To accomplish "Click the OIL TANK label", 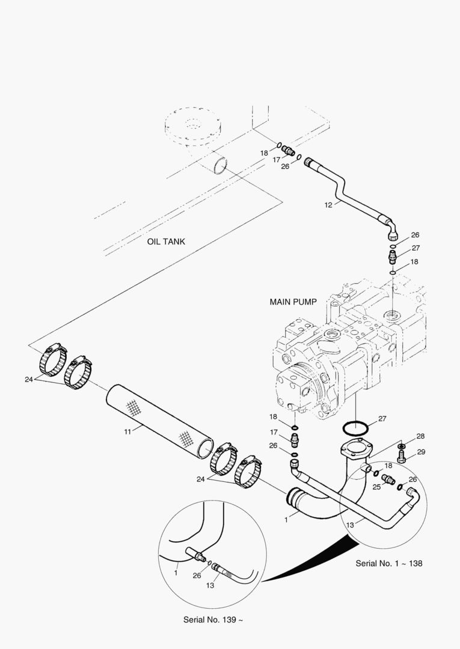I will (x=166, y=242).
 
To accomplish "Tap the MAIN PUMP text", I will (x=293, y=302).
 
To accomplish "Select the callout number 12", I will (x=328, y=205).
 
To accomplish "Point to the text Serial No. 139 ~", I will (x=213, y=620).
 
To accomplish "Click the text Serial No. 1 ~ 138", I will (x=388, y=563).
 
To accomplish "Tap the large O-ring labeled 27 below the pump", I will (x=356, y=430).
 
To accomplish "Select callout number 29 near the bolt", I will (x=421, y=452).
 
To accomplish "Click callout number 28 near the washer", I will (x=421, y=436).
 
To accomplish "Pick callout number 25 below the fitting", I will (x=376, y=486).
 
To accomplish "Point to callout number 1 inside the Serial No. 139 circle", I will (x=176, y=573).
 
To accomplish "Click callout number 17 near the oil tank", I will (x=277, y=160).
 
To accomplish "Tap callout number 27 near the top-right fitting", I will (x=416, y=248).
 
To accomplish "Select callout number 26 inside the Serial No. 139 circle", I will (x=197, y=575).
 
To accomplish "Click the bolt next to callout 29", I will (x=402, y=457).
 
